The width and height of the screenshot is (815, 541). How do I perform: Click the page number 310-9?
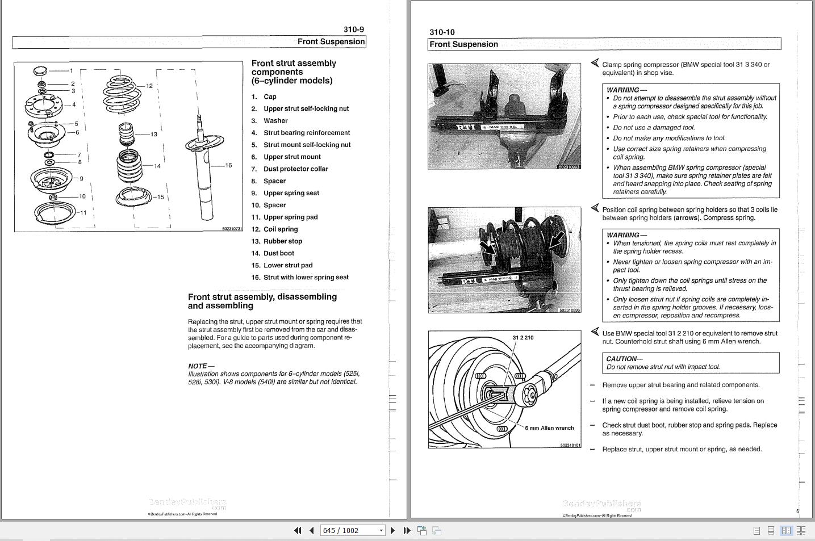click(x=353, y=30)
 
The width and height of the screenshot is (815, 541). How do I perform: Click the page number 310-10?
click(x=442, y=32)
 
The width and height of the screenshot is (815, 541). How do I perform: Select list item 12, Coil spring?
click(x=280, y=229)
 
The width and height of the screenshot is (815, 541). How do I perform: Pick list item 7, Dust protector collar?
click(x=295, y=169)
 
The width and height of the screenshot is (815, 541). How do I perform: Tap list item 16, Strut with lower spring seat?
click(x=306, y=278)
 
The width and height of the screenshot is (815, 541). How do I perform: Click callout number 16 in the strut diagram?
click(x=228, y=166)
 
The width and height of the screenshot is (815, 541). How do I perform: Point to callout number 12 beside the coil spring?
click(x=149, y=86)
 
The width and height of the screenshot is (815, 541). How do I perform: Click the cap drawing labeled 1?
click(x=40, y=71)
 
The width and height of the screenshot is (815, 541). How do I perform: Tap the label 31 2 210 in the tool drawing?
click(x=523, y=338)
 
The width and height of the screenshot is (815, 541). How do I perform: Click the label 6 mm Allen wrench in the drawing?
click(x=549, y=428)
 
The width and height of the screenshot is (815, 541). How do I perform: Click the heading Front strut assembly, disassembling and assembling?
click(x=262, y=301)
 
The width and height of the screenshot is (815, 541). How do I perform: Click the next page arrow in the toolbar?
click(x=392, y=530)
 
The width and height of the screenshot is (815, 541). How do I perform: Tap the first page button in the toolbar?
click(x=298, y=530)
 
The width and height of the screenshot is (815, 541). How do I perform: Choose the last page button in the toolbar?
click(x=407, y=530)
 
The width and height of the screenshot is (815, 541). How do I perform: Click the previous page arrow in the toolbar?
click(x=312, y=530)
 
